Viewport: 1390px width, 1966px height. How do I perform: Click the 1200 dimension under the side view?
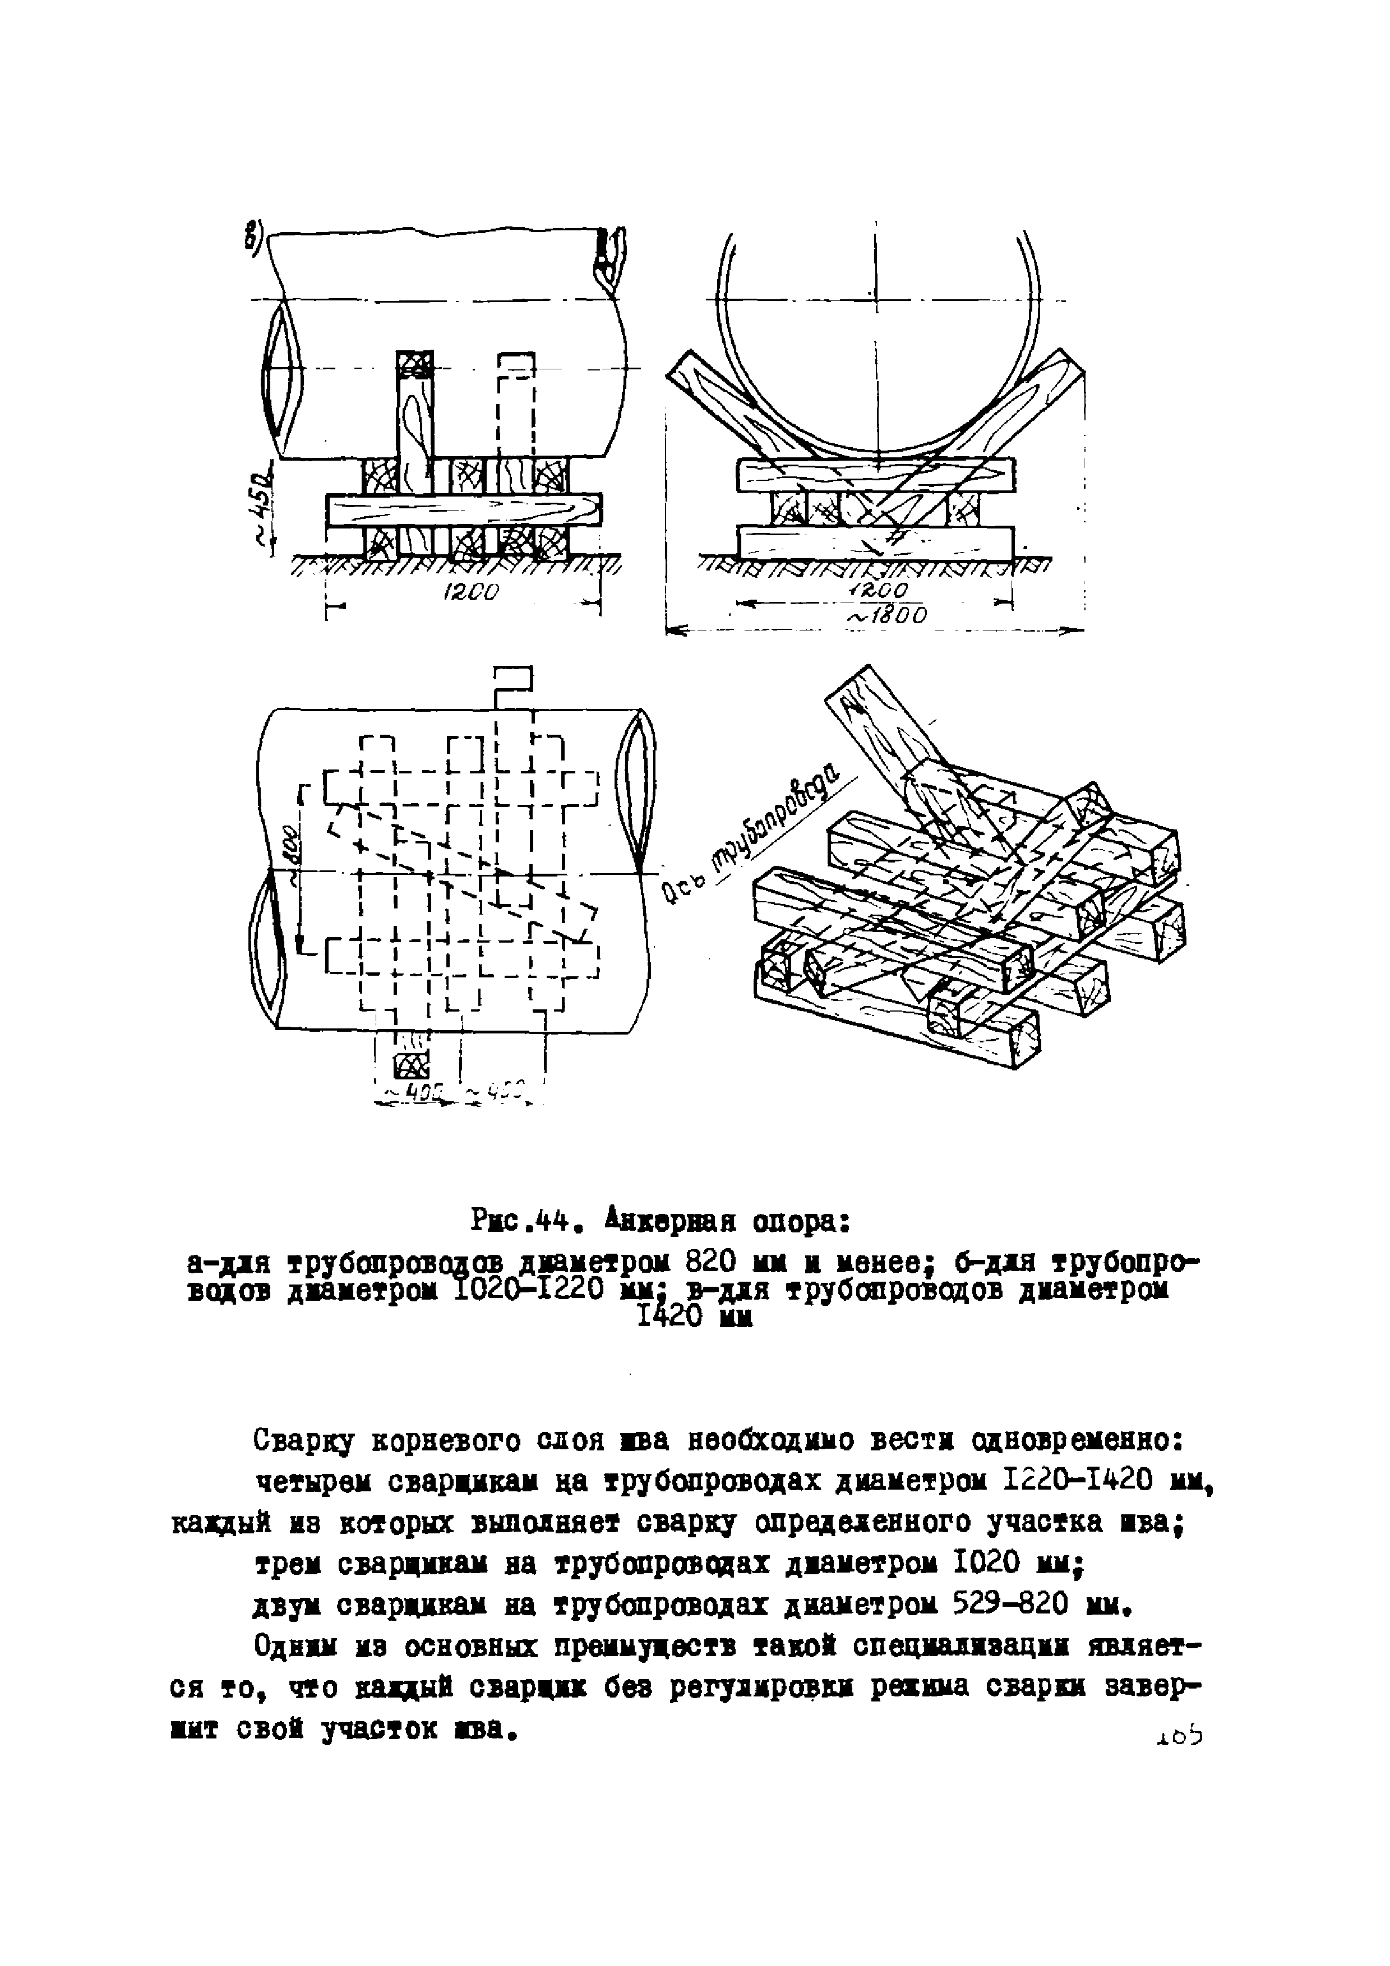[471, 592]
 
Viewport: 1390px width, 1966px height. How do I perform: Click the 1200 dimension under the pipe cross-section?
[880, 591]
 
